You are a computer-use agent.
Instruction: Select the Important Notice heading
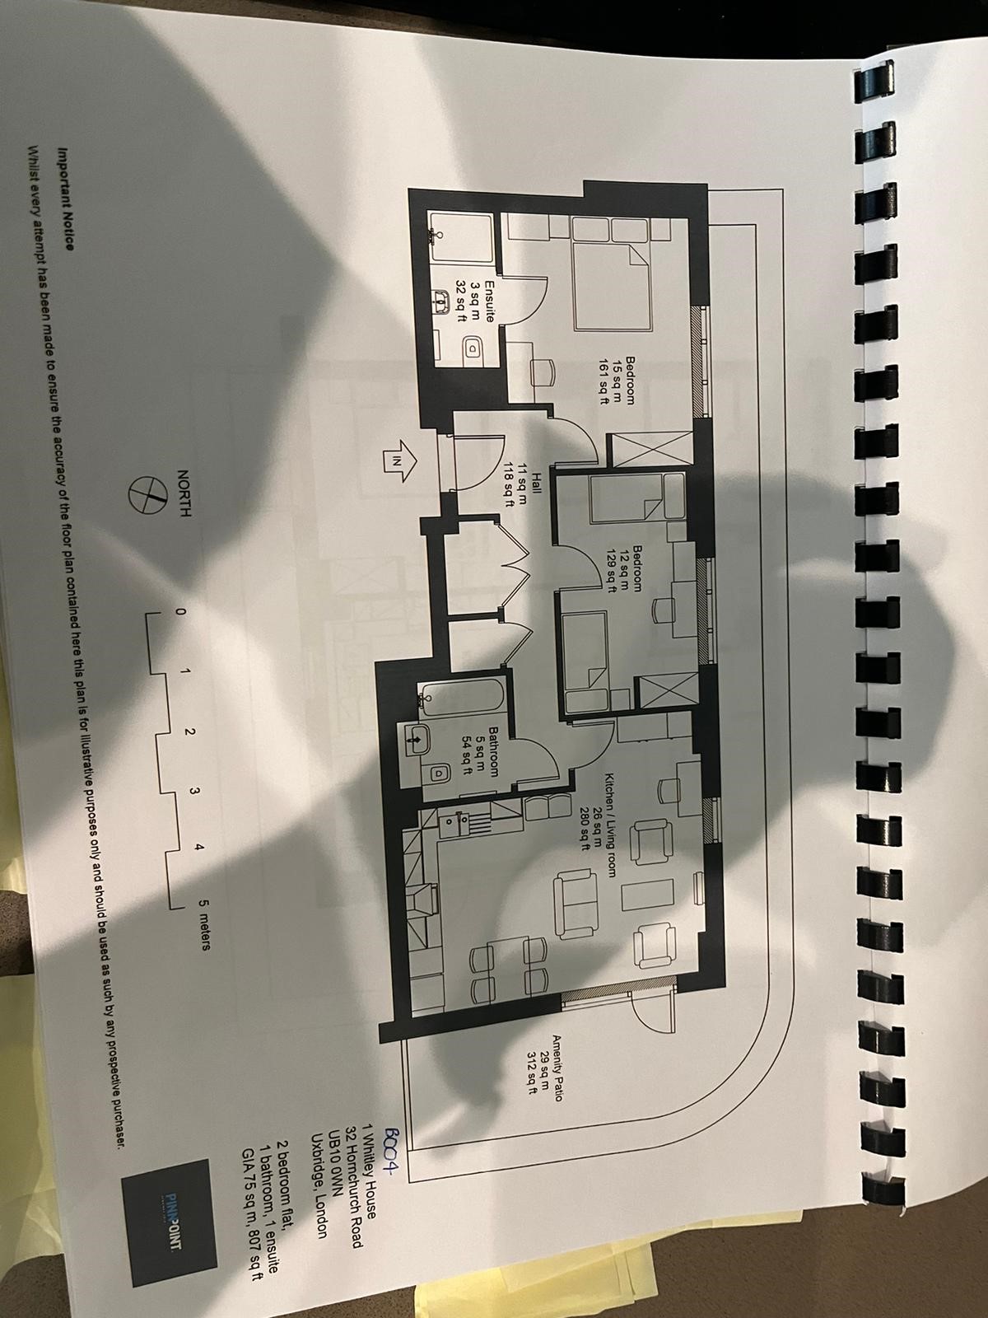[x=65, y=199]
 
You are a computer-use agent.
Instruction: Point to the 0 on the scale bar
[x=179, y=611]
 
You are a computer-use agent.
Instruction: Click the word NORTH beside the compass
[x=184, y=493]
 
